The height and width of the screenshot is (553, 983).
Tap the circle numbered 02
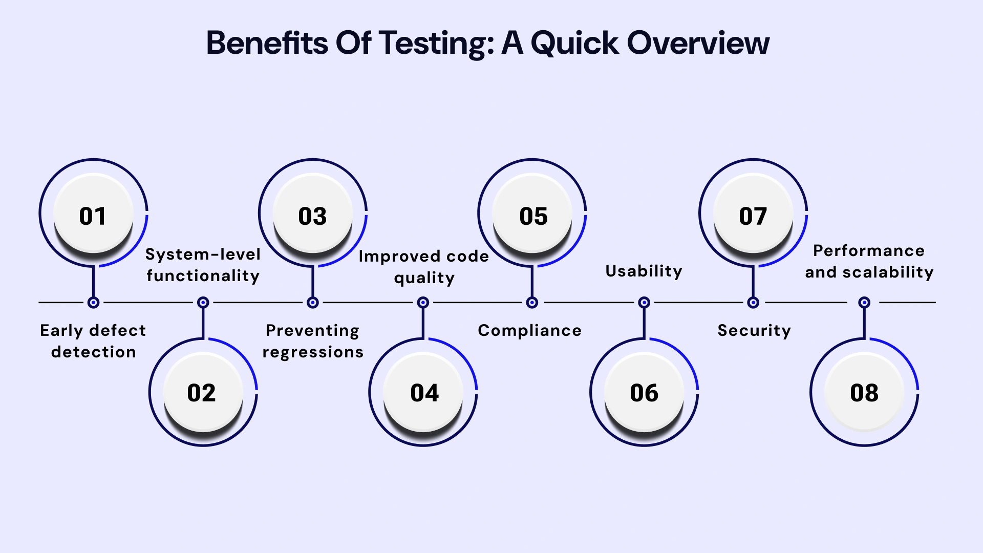203,392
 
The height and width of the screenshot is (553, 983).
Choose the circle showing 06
644,392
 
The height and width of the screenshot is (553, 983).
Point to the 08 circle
864,392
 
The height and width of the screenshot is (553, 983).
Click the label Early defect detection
93,341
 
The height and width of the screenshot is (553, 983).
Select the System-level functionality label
203,265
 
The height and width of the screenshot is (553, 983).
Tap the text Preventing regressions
313,341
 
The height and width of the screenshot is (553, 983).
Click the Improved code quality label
424,267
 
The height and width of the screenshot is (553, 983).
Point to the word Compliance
529,331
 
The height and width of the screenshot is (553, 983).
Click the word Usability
644,271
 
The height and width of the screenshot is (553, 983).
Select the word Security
754,331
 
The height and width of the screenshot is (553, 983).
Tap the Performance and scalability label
869,261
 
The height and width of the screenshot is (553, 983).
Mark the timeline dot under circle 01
93,303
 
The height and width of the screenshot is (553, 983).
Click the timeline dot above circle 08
864,303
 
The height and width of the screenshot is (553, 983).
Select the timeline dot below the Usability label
644,303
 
